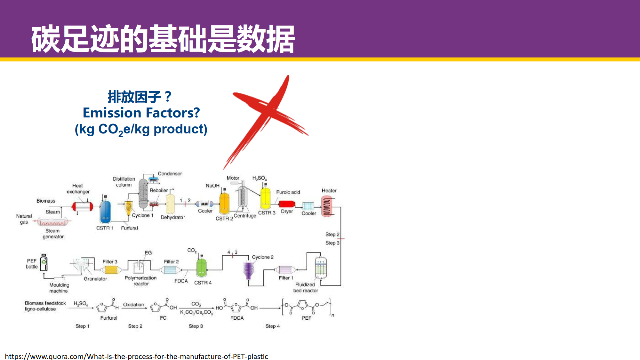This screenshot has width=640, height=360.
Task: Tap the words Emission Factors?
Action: tap(141, 113)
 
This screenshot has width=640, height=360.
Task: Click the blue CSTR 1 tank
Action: tap(105, 212)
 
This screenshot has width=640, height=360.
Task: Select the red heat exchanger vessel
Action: tap(83, 207)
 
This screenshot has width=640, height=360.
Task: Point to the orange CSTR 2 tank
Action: tap(224, 203)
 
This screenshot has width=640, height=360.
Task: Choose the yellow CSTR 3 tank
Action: tap(265, 198)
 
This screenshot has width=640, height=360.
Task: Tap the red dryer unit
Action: tap(287, 204)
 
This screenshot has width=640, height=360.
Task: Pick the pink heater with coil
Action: tap(327, 206)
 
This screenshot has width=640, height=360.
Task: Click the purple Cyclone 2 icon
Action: tap(249, 271)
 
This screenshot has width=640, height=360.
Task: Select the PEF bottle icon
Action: tap(44, 263)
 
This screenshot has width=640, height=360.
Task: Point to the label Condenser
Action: tap(170, 173)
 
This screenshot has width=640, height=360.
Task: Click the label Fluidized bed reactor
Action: tap(305, 287)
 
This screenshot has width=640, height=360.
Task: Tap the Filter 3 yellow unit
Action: tap(111, 270)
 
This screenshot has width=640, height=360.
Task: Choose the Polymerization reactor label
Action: tap(141, 281)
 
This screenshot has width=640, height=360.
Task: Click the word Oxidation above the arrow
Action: tap(133, 304)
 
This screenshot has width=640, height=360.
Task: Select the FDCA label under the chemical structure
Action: tap(237, 318)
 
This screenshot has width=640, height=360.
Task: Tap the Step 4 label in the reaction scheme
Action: tap(272, 326)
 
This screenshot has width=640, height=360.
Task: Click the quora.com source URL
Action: tap(136, 356)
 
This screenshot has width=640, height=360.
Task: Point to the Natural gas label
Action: tap(24, 219)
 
